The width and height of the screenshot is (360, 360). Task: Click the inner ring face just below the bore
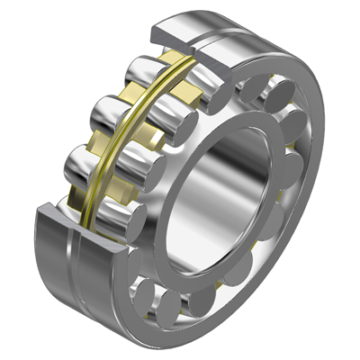[x=225, y=274]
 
